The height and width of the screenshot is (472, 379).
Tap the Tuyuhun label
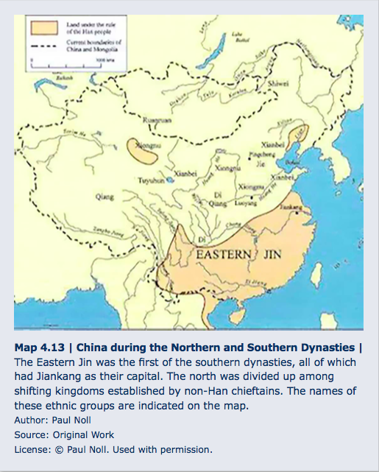click(x=152, y=180)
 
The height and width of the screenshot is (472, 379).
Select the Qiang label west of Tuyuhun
click(x=100, y=197)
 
